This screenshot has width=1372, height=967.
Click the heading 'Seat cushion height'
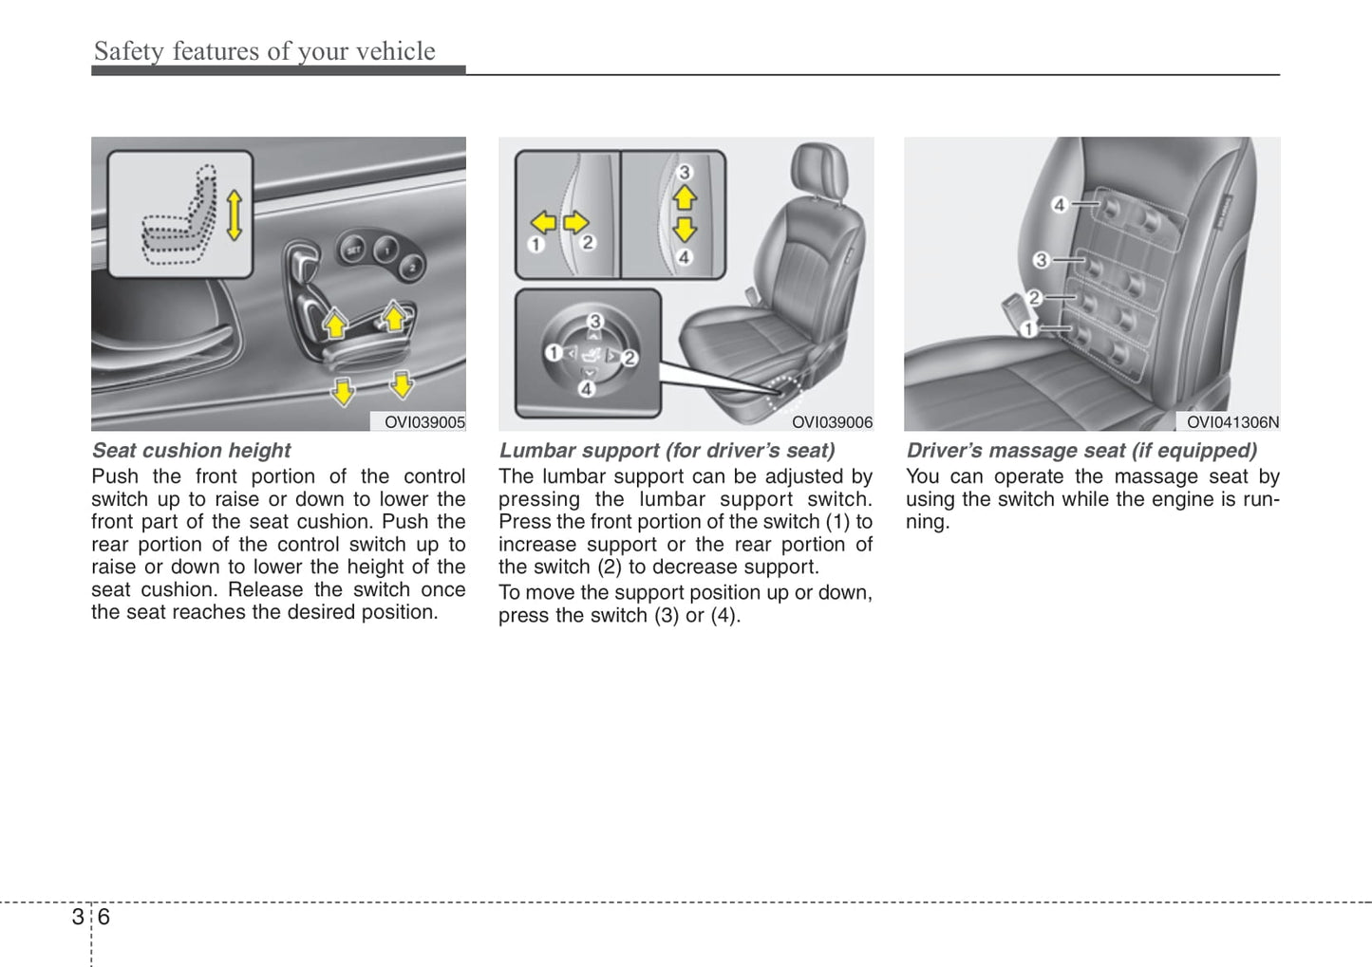pos(191,451)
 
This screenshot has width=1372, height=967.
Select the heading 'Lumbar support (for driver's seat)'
pos(667,451)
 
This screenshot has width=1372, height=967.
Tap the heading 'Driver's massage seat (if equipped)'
pos(1081,451)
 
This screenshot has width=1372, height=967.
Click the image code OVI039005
pos(423,422)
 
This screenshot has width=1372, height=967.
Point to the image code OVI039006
pos(832,422)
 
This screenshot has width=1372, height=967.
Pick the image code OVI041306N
pos(1232,422)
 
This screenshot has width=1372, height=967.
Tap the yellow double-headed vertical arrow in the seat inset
pos(234,214)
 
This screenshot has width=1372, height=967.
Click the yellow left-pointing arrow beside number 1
pos(543,223)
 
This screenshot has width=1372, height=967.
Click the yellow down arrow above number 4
pos(685,229)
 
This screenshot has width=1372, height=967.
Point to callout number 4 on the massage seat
pos(1060,204)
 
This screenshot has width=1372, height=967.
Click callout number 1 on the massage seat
pos(1028,329)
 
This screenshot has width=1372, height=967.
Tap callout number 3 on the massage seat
pos(1042,259)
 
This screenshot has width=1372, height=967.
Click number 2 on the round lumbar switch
pos(629,358)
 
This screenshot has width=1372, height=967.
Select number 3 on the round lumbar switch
pos(594,321)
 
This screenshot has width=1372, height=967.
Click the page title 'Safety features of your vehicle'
pos(264,51)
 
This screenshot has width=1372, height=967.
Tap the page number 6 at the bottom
pos(103,917)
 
